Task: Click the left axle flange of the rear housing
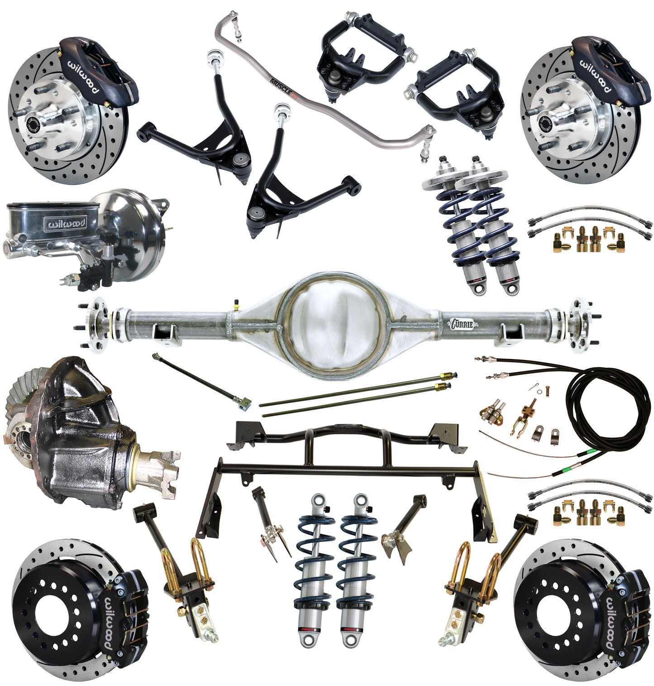coord(96,325)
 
